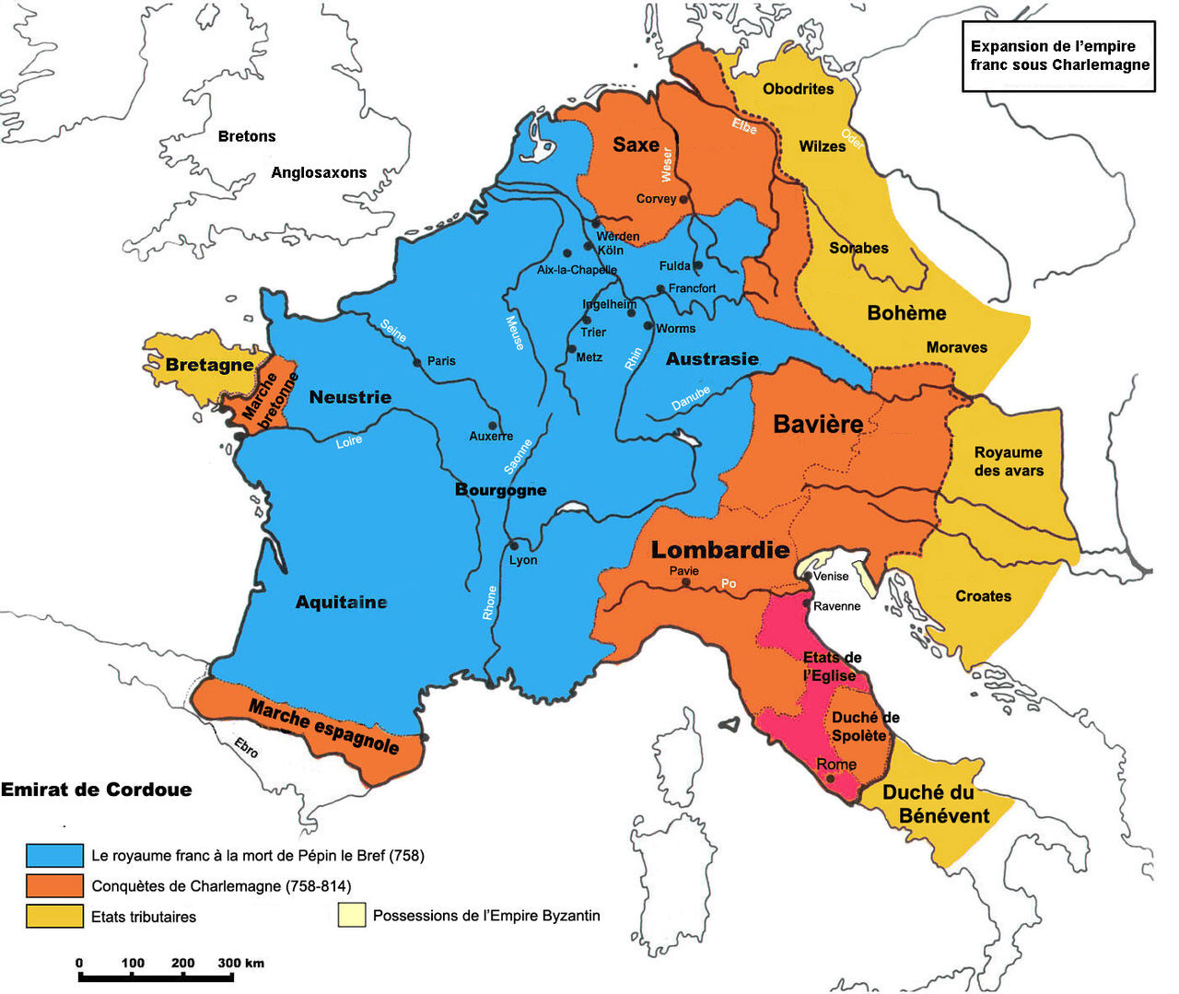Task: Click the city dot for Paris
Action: pos(418,362)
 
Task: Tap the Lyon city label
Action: pos(523,560)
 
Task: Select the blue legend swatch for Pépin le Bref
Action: pos(55,855)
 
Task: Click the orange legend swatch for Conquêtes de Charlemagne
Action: pos(55,886)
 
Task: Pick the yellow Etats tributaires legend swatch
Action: pos(55,917)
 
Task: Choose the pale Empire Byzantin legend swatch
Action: pos(351,916)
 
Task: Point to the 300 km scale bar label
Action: pos(240,963)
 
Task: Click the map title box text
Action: pos(1059,56)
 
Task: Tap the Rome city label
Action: pos(836,765)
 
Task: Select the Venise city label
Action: pos(831,576)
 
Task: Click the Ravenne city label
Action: pos(836,606)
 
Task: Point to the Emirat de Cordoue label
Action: pos(97,789)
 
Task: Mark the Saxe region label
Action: pos(636,145)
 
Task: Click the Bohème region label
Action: pos(906,313)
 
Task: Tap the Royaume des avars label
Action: pos(1009,462)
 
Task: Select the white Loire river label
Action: pos(348,442)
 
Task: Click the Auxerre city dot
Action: pos(493,426)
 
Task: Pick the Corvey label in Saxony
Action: pos(656,199)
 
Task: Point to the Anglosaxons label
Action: pos(319,172)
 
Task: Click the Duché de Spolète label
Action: pos(864,726)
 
